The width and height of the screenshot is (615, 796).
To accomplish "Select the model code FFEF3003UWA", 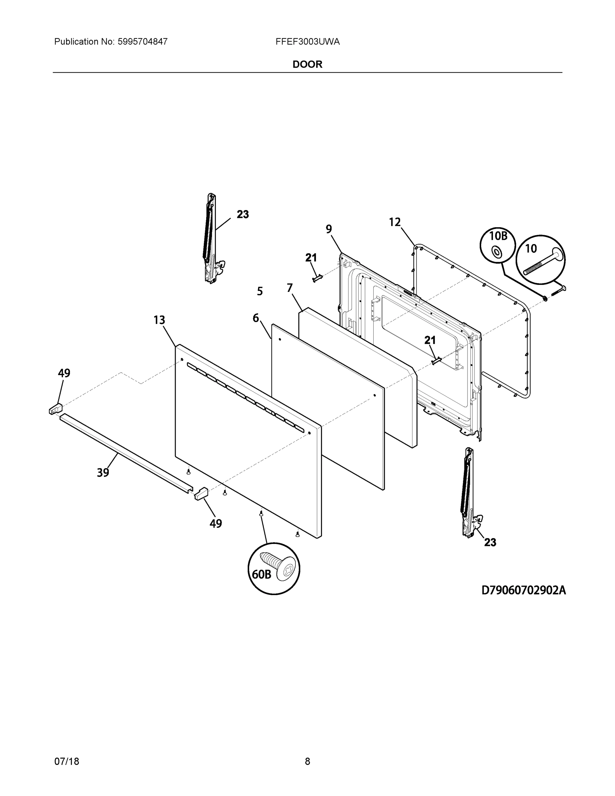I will (x=308, y=42).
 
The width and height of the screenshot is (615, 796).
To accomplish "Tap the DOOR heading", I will (x=308, y=65).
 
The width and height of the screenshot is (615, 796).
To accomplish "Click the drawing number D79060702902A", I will (x=523, y=590).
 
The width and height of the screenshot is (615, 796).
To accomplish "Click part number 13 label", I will (x=159, y=320).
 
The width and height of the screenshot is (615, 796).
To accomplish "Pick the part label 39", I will (x=103, y=473).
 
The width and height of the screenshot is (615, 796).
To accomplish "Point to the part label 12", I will (x=395, y=222).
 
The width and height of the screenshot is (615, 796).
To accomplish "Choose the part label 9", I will (x=329, y=229).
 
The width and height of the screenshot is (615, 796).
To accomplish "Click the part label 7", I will (x=290, y=288).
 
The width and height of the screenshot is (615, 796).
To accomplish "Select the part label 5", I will (x=260, y=291).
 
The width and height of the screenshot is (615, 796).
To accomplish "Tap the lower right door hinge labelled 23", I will (x=469, y=492).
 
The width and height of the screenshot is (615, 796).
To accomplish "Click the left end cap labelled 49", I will (x=55, y=409).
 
